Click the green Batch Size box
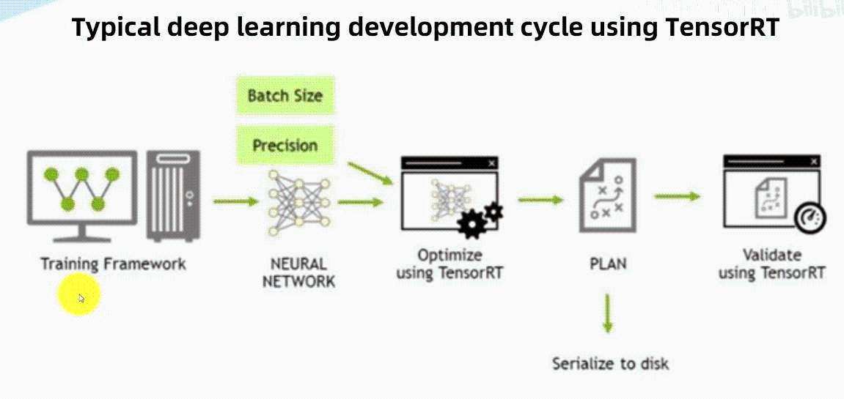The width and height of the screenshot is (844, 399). [285, 96]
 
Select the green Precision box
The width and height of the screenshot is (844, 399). [285, 145]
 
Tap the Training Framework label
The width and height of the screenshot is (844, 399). [113, 264]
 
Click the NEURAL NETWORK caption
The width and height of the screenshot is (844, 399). [298, 272]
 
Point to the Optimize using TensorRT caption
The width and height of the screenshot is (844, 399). [449, 264]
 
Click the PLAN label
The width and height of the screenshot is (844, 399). [608, 264]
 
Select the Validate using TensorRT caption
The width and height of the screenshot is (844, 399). [771, 264]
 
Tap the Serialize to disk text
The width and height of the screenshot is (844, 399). [610, 363]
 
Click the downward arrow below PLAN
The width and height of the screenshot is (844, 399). [608, 315]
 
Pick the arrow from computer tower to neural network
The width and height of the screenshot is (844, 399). [235, 200]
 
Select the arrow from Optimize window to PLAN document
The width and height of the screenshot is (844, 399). [540, 199]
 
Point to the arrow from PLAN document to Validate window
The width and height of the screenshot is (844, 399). [677, 195]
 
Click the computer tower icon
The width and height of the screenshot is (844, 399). [172, 195]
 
